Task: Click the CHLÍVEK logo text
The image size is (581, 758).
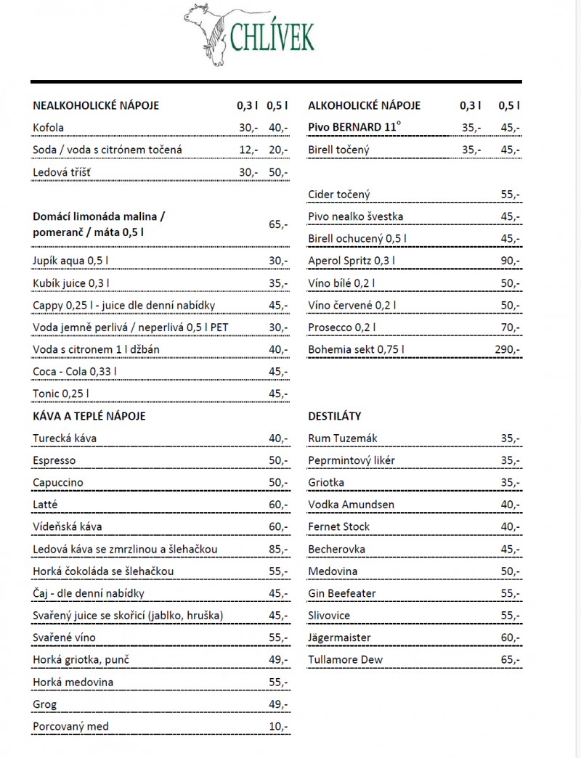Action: tap(272, 36)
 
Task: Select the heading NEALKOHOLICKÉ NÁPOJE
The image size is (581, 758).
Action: tap(96, 105)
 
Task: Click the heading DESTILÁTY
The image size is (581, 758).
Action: tap(335, 416)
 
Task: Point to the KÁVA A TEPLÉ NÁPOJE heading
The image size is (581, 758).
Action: tap(89, 416)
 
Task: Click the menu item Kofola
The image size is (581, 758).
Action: tap(49, 128)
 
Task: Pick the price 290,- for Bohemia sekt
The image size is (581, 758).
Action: tap(508, 349)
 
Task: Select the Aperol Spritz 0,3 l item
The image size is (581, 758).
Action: tap(352, 261)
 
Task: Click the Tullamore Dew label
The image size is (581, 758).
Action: tap(346, 660)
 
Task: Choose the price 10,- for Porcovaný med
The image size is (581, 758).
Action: tap(278, 727)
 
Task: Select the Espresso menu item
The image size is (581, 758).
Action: tap(54, 460)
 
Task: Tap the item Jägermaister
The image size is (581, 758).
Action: tap(339, 637)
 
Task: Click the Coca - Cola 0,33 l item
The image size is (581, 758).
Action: tap(75, 372)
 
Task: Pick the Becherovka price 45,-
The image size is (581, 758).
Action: tap(510, 549)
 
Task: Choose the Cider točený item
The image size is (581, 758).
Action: tap(339, 194)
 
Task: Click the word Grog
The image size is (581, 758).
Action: tap(45, 704)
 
